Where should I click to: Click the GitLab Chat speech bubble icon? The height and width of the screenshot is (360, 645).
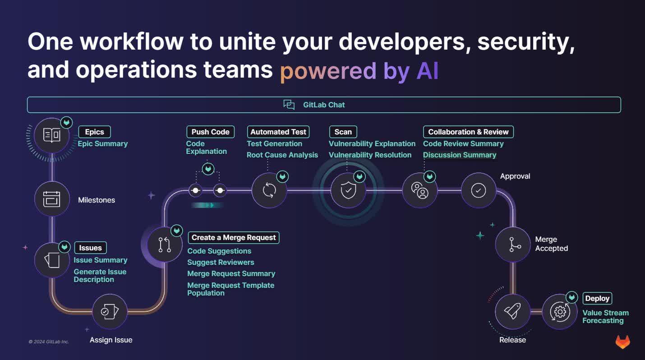pos(289,105)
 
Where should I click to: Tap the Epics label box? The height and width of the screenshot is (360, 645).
pos(94,132)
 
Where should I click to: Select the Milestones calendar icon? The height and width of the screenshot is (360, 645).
pos(52,199)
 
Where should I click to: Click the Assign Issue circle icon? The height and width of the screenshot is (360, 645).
pos(110,311)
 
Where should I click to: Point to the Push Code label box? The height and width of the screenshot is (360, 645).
pos(210,132)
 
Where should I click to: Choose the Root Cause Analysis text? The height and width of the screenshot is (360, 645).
pos(282,155)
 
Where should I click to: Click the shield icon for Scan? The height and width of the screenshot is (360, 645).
pos(348,190)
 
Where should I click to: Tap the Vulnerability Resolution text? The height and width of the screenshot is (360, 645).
pos(370,155)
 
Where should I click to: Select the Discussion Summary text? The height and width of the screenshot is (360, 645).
pos(460,155)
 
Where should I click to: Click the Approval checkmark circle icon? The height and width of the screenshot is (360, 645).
pos(478,190)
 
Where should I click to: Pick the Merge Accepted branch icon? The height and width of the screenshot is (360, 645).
pos(513,244)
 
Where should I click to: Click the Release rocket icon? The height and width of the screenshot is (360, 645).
pos(512,311)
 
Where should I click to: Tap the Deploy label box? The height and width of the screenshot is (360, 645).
pos(597,298)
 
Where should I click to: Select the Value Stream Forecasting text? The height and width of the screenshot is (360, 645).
pos(605,317)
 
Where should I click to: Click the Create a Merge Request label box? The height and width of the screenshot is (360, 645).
pos(234,237)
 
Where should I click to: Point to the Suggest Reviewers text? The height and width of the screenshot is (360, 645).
pos(221,262)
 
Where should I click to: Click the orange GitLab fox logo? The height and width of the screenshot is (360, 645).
pos(623,342)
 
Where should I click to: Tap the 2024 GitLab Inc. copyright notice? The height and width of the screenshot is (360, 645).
pos(49,342)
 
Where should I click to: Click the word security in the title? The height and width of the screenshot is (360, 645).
pos(525,42)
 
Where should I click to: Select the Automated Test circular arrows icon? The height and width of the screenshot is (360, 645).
pos(269,190)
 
